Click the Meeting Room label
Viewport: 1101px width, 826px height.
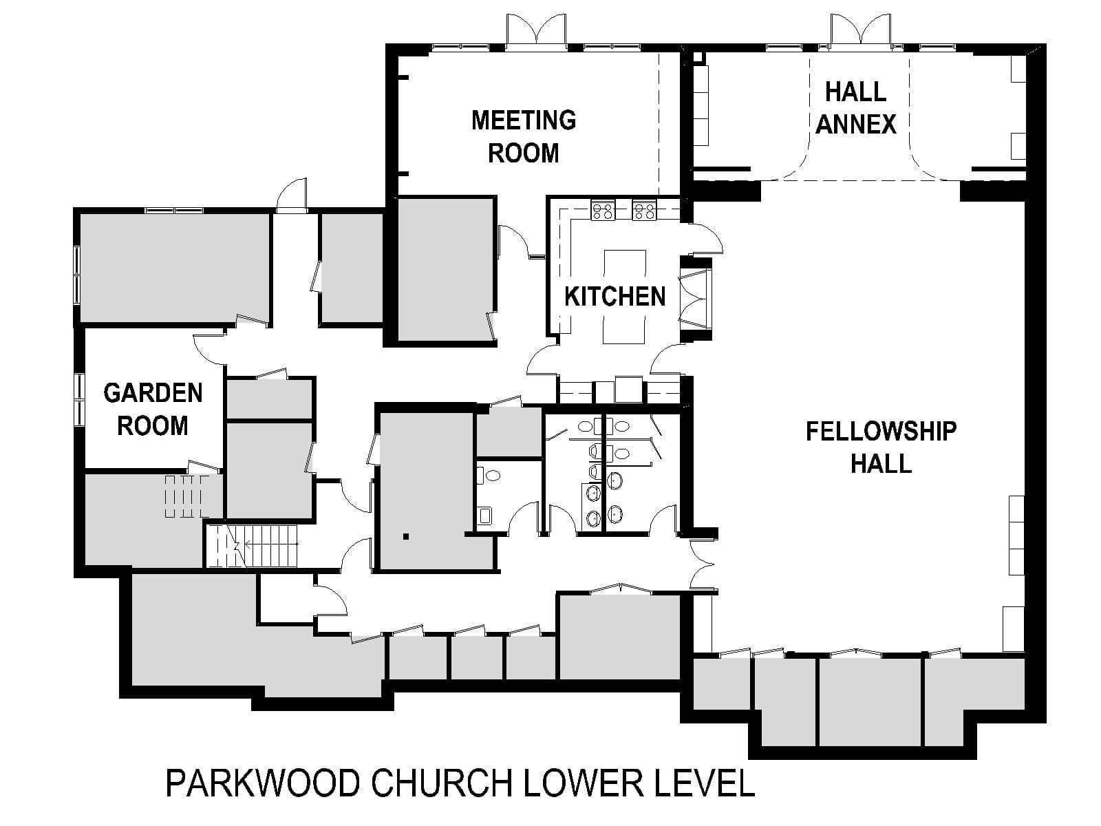(x=524, y=136)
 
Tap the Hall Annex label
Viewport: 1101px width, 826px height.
(x=856, y=108)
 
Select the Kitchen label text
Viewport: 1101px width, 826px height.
(x=615, y=297)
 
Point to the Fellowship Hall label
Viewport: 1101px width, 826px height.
(x=881, y=447)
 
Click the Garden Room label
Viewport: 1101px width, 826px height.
(x=153, y=410)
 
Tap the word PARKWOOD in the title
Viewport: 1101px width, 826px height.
(x=263, y=783)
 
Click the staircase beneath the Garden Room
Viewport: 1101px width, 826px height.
(x=253, y=546)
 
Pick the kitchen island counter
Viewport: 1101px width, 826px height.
(x=624, y=297)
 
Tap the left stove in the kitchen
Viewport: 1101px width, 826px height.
(x=603, y=210)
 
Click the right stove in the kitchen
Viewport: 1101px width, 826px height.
(x=644, y=210)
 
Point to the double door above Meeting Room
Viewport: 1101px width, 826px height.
(x=536, y=30)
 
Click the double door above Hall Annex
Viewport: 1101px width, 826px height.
(x=860, y=30)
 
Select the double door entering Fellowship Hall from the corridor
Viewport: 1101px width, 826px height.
(x=702, y=564)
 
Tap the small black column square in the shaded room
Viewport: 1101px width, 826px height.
(x=406, y=537)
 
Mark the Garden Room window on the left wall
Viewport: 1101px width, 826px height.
(x=79, y=400)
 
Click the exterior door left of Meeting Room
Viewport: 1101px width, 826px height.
(x=292, y=195)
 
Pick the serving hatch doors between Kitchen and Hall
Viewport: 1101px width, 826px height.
(x=695, y=299)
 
